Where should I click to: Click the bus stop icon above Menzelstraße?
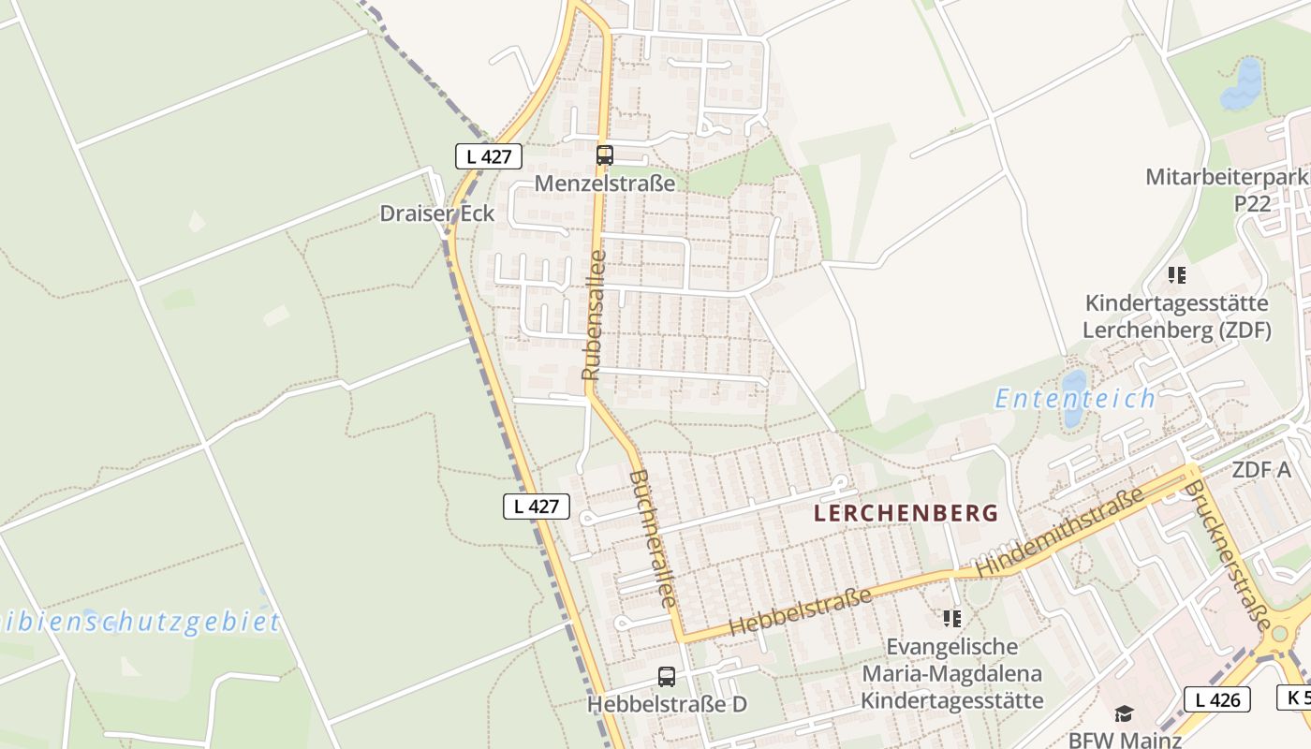605,155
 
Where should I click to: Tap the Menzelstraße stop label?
605,183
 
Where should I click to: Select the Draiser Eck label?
436,213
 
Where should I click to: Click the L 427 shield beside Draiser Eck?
489,156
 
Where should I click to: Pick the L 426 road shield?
1217,698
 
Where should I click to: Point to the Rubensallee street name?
594,315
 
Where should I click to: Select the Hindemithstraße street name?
1059,531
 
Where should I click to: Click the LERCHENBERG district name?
906,513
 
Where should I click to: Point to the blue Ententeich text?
1075,399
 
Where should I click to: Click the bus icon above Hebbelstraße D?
667,676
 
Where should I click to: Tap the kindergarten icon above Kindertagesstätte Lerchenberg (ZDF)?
1176,275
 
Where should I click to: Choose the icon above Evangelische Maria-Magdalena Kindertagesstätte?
951,618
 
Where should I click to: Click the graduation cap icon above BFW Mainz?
1124,714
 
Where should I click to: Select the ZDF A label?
1261,470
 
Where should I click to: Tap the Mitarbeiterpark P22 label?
1227,190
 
